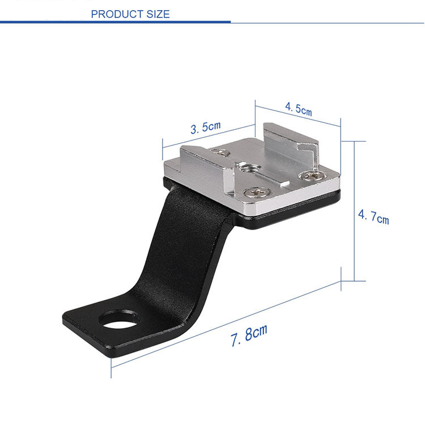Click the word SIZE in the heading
[x=156, y=14]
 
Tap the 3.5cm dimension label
[x=205, y=127]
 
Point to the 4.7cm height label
[x=373, y=216]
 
